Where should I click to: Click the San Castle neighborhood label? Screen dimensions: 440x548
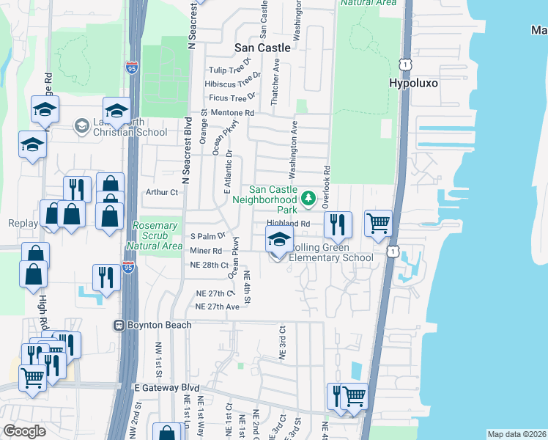coord(262,47)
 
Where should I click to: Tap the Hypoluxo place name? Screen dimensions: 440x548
coord(413,83)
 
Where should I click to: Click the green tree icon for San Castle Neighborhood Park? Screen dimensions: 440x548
coord(308,198)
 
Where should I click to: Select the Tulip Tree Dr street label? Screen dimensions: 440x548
coord(229,70)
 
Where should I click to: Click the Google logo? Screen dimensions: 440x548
coord(25,430)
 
